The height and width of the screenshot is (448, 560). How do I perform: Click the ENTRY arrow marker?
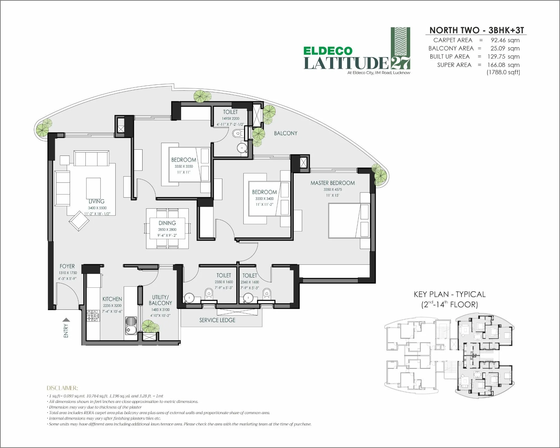pos(66,320)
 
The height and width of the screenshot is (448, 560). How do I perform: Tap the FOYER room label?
pos(67,266)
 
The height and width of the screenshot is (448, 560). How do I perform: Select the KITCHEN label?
pos(112,299)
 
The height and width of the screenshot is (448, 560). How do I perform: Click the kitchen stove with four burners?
pos(93,316)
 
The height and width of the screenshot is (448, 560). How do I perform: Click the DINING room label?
pos(167,223)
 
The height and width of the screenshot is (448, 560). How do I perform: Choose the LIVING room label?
pos(97,201)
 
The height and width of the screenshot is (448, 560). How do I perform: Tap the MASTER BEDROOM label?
pos(333,183)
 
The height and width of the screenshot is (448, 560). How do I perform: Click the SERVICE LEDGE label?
pos(217,320)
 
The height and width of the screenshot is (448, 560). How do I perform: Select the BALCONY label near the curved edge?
pos(286,133)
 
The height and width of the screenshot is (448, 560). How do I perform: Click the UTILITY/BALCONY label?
pos(160,300)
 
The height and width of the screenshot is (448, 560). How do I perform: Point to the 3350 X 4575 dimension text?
pos(333,189)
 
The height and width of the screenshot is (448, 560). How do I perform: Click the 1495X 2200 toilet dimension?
pos(230,118)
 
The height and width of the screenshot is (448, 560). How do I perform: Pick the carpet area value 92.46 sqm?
pos(505,40)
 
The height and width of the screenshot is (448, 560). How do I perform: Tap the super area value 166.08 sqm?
pos(503,65)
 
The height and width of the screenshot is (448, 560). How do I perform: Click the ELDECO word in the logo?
pos(328,51)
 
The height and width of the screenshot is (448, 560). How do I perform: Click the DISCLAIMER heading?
pos(62,388)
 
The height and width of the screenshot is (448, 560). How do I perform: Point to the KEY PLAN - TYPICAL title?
pos(450,294)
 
